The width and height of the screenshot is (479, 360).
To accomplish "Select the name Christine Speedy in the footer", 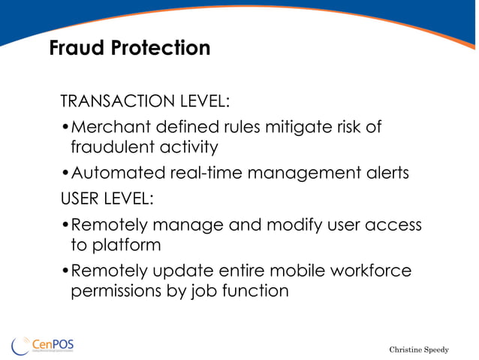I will click(x=418, y=349).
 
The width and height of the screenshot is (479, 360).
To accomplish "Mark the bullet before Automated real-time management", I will click(x=65, y=174).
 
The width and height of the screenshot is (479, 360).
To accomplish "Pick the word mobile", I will click(x=289, y=271).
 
